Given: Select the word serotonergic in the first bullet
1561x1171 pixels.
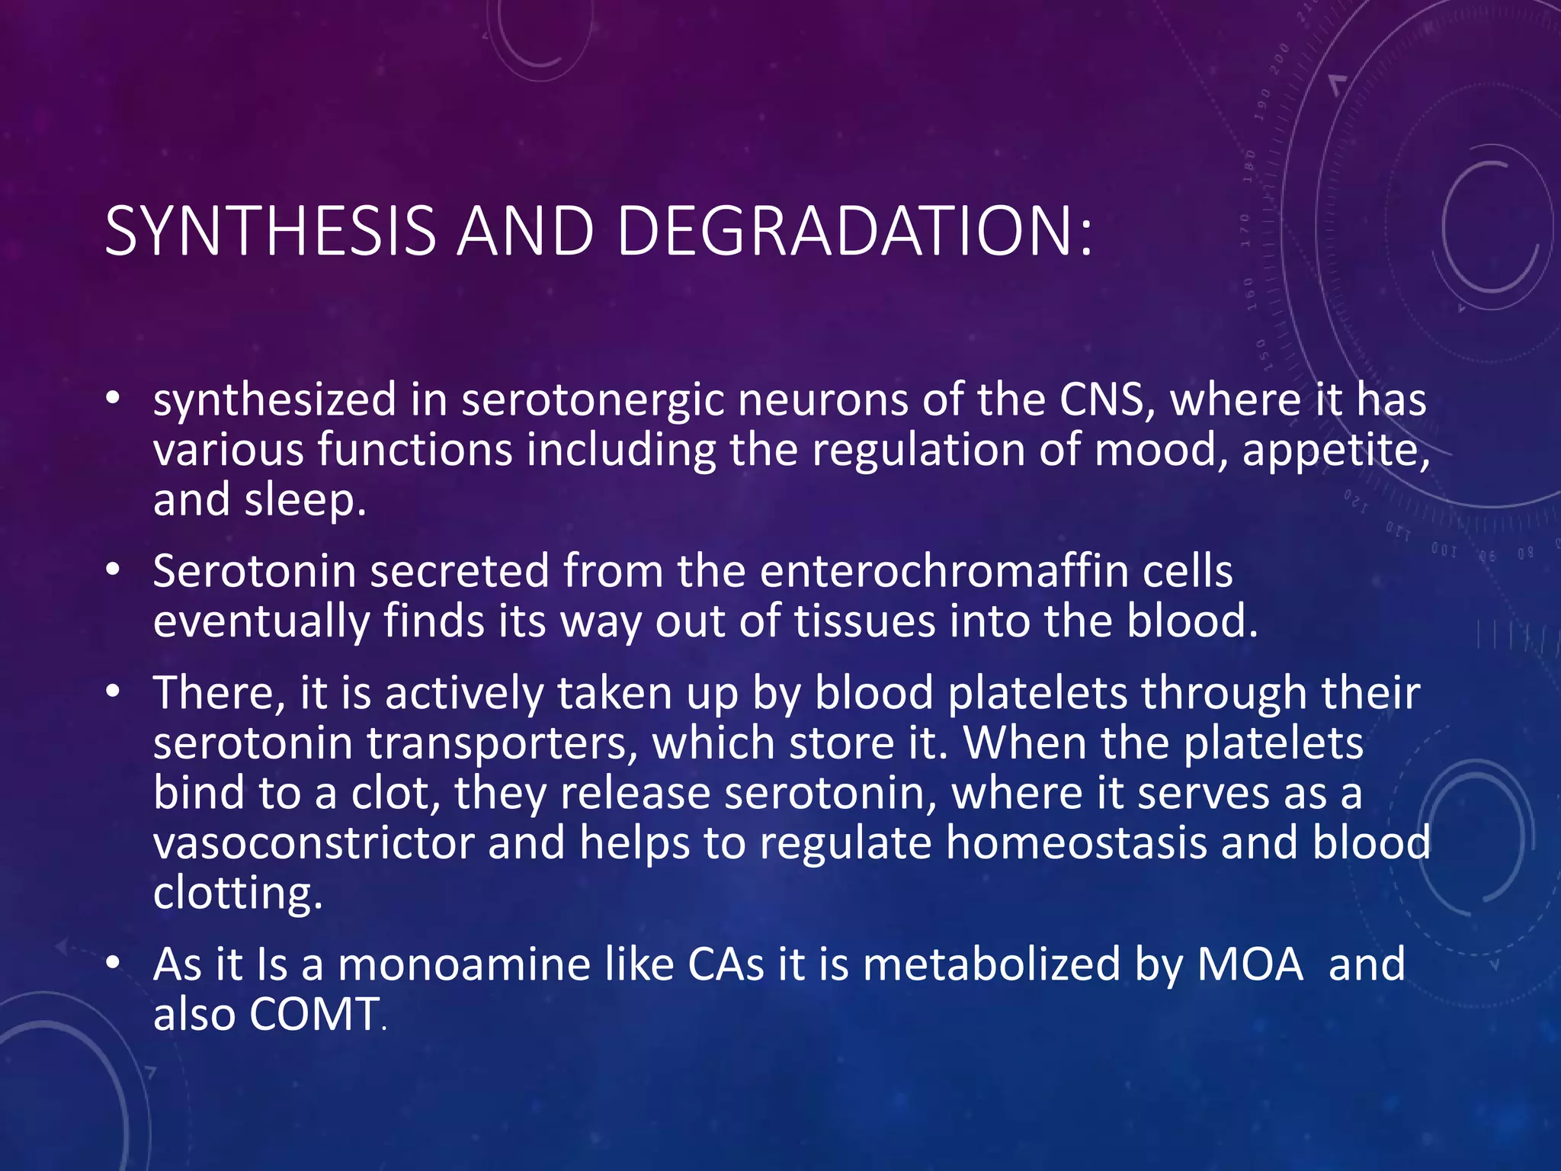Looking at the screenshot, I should (x=592, y=399).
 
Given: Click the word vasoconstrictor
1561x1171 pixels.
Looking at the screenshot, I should (x=313, y=842).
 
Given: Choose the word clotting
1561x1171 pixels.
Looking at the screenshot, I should (x=237, y=893).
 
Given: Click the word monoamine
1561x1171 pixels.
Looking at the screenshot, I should (x=464, y=964).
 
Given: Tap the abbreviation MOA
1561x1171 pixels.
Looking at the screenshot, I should (x=1251, y=964).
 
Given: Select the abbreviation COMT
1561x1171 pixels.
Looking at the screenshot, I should (x=314, y=1014).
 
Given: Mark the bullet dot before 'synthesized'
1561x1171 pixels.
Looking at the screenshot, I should (x=114, y=398).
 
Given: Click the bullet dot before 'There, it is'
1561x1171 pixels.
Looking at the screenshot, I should (x=114, y=691).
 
